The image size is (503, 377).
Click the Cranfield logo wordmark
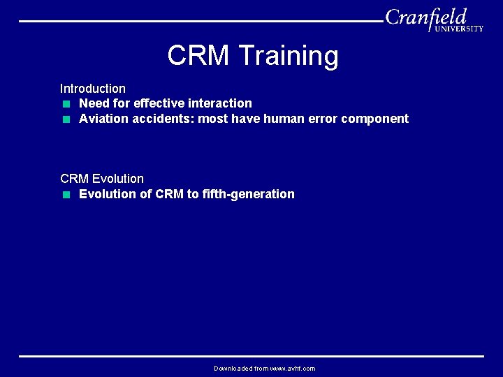pos(425,17)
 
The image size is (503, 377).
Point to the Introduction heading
pos(93,89)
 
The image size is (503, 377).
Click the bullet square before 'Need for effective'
pos(65,104)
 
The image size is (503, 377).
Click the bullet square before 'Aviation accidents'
pos(65,119)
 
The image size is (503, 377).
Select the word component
pos(375,119)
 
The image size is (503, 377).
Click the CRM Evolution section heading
pos(102,179)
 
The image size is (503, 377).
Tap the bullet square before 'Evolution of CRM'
pos(65,195)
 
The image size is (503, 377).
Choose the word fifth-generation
pos(249,194)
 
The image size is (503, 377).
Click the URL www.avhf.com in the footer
pos(293,368)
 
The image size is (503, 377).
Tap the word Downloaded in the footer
pos(233,368)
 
